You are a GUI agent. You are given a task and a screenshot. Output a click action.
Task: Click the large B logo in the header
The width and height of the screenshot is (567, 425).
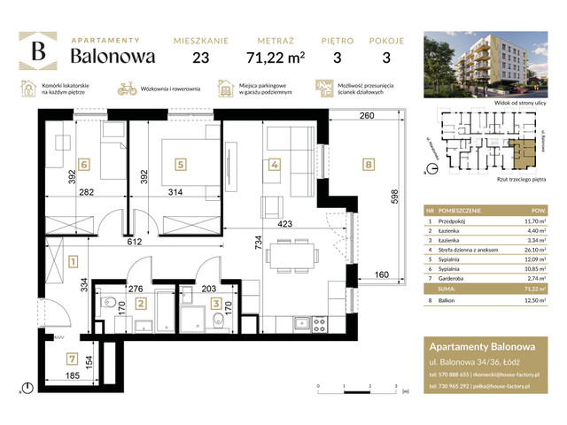[39, 51]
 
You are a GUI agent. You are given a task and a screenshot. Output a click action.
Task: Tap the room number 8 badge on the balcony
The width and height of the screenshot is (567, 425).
[369, 163]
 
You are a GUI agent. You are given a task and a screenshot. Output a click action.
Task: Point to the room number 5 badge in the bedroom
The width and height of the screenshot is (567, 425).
[180, 163]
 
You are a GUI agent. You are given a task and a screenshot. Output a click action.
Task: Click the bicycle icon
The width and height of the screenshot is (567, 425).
[127, 89]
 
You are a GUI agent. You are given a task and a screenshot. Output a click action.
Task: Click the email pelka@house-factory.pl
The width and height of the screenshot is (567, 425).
[516, 387]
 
